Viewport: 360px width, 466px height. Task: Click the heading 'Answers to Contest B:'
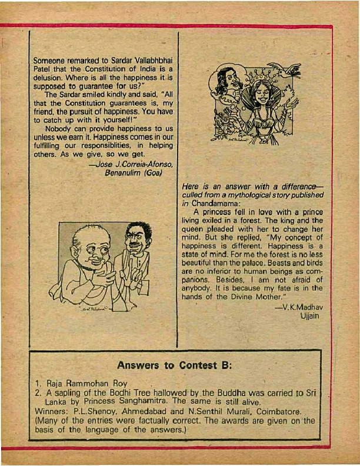pyautogui.click(x=175, y=365)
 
